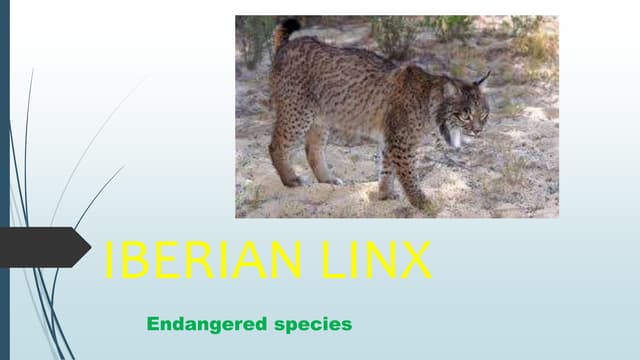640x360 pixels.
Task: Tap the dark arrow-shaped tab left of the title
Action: (x=45, y=246)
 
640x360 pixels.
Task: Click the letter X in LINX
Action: (x=415, y=261)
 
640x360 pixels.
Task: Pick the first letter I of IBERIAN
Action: (x=109, y=261)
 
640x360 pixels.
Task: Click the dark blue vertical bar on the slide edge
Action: (x=4, y=180)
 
